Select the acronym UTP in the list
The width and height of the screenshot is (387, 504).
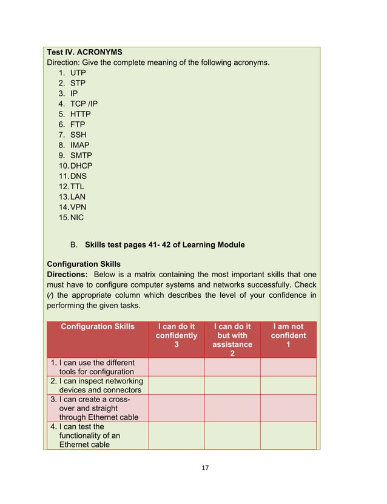click(78, 73)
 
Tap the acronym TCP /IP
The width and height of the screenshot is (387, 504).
click(84, 104)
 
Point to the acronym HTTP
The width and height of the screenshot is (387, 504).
click(81, 114)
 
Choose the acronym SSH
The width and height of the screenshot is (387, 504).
click(79, 135)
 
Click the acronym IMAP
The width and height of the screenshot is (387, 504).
click(80, 145)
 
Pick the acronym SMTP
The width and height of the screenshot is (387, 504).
click(81, 155)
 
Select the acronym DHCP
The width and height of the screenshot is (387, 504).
click(81, 166)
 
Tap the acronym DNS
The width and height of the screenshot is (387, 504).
click(79, 176)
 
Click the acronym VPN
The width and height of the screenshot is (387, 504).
click(79, 207)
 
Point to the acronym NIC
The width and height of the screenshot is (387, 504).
click(77, 217)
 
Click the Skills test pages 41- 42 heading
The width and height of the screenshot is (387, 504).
click(164, 245)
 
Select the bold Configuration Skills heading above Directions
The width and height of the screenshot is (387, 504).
click(84, 264)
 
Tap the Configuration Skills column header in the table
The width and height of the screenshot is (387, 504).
click(98, 326)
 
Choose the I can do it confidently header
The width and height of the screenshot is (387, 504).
click(176, 335)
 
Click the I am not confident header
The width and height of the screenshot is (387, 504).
click(288, 335)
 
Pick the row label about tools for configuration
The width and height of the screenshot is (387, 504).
click(97, 367)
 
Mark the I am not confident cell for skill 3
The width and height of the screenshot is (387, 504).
click(288, 408)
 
